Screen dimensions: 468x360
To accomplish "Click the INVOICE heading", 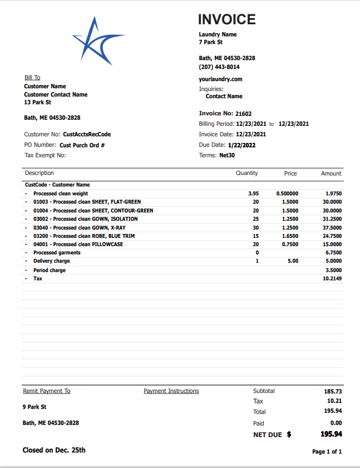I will coord(227,19).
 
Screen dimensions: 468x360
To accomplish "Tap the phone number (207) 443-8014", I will coord(219,67).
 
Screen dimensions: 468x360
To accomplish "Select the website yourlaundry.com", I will coord(220,79).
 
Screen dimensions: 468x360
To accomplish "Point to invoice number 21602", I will coord(243,114).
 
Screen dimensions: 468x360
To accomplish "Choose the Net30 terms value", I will coord(227,156).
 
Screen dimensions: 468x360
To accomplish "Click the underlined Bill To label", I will coord(32,78).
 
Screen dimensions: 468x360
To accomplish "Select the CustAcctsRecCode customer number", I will coord(87,134).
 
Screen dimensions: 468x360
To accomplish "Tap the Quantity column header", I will coord(247,173).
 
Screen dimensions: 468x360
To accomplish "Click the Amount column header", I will coord(331,173).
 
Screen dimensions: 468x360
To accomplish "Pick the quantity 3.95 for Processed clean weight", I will coord(253,194).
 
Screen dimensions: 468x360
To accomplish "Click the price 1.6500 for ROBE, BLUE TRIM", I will coord(290,236).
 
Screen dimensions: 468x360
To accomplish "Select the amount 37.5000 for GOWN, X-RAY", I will coord(332,227).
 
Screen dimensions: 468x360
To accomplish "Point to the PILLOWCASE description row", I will coord(78,244).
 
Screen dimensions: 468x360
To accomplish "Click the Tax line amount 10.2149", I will coord(332,279).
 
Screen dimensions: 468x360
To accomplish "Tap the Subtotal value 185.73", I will coord(333,391).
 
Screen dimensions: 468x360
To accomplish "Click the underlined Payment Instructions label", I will coord(171,391).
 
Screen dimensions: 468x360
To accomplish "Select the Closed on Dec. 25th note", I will coord(54,450).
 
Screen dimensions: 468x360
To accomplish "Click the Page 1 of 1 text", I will coord(327,451).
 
